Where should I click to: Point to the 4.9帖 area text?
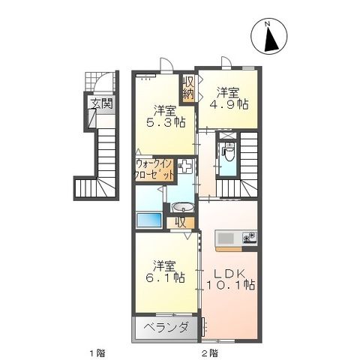[233, 106]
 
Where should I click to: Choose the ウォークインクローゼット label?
[154, 169]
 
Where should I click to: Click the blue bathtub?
[149, 221]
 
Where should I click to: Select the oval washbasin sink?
[184, 207]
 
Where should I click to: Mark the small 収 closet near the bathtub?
[180, 221]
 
